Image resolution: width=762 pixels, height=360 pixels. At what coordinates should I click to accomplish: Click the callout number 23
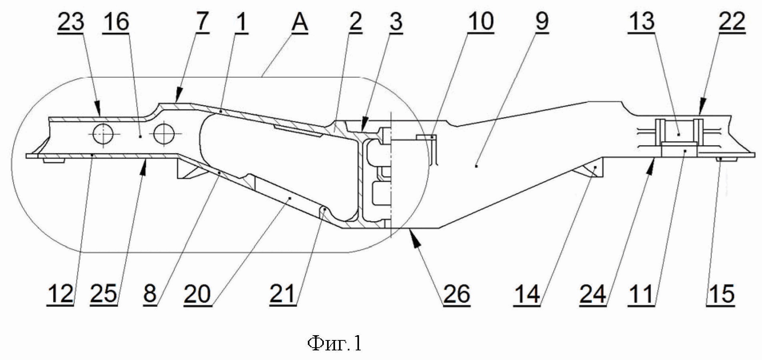71,22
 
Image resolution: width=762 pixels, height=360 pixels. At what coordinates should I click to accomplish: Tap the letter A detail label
299,22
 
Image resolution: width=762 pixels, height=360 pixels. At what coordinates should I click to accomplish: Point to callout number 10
481,22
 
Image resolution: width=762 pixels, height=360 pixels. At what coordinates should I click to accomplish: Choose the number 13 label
642,22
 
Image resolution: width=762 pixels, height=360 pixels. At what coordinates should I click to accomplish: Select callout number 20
197,295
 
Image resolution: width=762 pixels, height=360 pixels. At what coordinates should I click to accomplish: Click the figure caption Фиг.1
335,343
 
